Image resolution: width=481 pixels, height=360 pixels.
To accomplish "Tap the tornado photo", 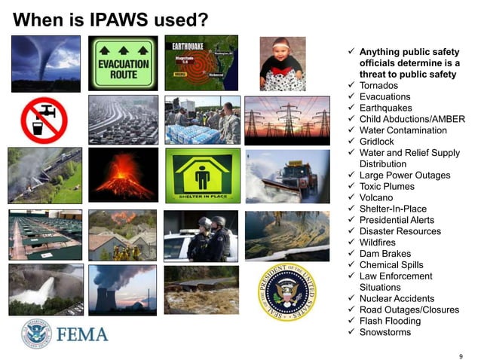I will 47,63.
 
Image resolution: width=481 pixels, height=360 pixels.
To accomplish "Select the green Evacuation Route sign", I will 124,63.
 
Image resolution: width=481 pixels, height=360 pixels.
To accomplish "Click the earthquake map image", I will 201,63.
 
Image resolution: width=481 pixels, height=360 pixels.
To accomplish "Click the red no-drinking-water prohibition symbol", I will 44,119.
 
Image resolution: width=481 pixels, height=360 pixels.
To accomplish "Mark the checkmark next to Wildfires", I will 351,243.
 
